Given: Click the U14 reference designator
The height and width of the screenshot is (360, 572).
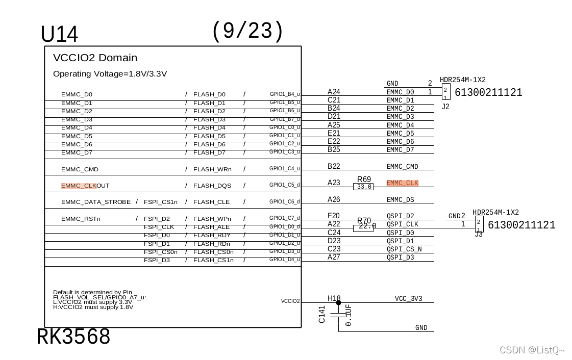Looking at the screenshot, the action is point(59,35).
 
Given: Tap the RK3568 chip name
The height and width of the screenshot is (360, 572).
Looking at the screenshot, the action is point(73,337).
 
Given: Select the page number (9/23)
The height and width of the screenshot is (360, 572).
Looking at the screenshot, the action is point(247,31).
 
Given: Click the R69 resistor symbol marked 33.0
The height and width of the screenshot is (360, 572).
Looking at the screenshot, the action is point(363,187).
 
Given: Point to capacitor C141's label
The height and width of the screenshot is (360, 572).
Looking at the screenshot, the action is point(322,314).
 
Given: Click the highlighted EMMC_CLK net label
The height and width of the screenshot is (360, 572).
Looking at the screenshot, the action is point(402,183).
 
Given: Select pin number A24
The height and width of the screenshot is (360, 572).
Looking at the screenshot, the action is point(334,92).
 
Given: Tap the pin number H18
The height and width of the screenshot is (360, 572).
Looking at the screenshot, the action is point(334,298).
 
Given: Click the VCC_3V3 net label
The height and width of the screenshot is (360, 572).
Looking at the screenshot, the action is point(408,299).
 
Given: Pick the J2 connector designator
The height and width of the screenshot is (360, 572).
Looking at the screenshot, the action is point(445,107).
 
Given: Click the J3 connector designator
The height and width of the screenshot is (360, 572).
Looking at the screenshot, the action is point(479,234).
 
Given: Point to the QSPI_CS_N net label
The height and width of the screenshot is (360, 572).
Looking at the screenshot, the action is point(404,249).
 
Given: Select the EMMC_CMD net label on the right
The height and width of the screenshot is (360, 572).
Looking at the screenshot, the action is point(402,167).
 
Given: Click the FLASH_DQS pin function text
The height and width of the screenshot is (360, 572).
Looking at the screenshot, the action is point(212,186).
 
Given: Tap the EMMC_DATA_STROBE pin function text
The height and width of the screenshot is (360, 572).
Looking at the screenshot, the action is point(96,202).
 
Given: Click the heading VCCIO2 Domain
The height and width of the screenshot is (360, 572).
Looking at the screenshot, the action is point(95,58).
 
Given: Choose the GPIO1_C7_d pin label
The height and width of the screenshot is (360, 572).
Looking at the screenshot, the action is point(285,218).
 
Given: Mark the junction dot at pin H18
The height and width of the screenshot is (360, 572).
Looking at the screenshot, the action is point(338,302).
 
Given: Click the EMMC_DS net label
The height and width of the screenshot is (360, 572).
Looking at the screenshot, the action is point(400,200).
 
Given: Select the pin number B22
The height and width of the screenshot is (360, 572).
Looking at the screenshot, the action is point(334,166).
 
